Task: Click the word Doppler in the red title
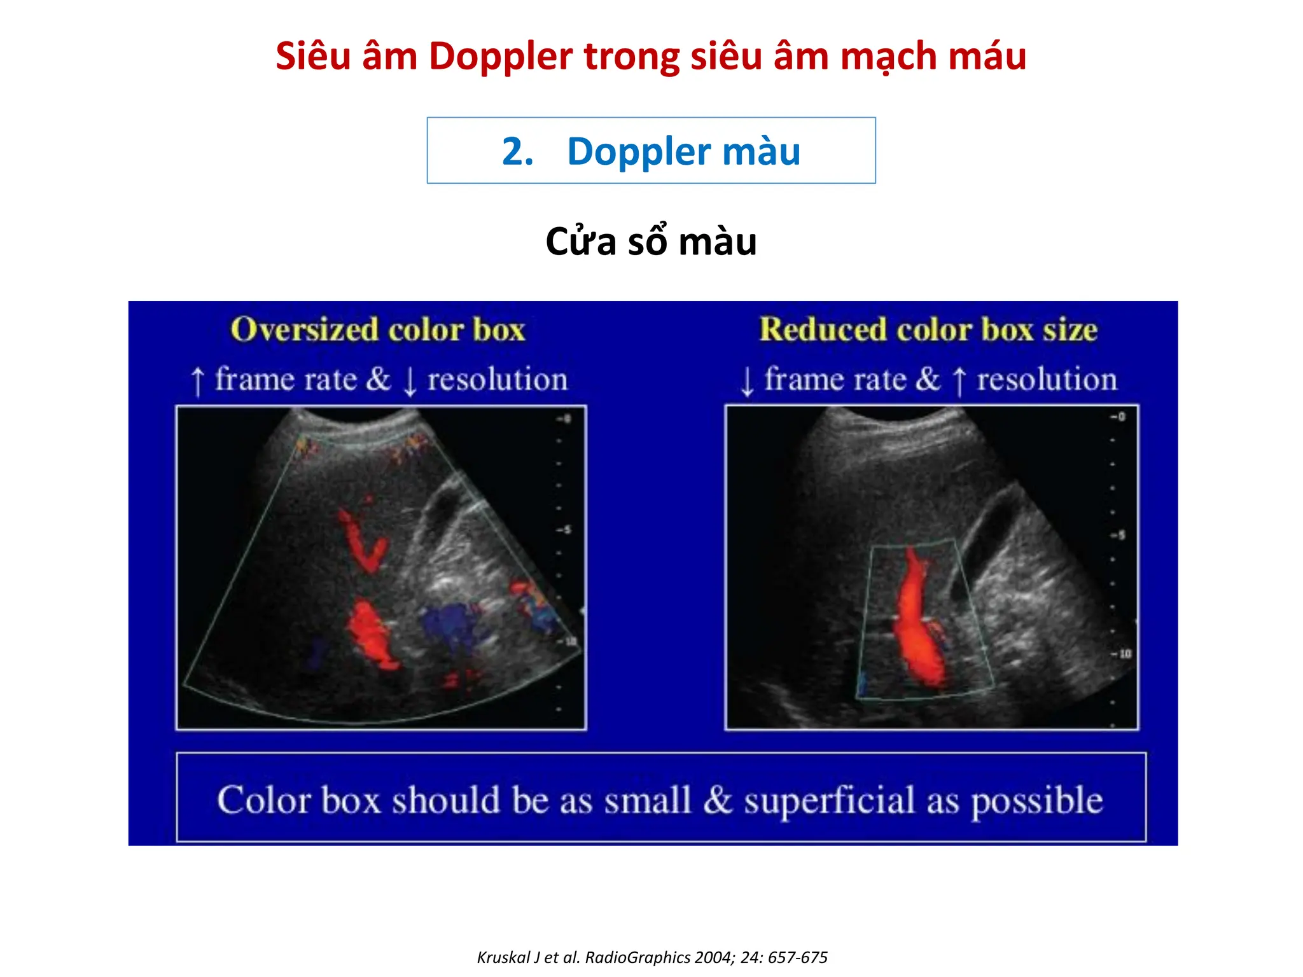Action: coord(501,57)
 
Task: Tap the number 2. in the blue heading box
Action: coord(517,152)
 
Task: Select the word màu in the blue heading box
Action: coord(761,152)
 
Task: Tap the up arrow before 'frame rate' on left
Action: coord(198,381)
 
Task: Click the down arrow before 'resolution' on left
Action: coord(410,381)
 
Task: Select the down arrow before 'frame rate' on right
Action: coord(748,381)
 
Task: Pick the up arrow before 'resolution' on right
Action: coord(959,381)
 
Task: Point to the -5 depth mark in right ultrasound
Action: coord(1118,534)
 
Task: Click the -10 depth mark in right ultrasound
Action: coord(1121,653)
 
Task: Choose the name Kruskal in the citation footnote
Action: coord(503,957)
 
